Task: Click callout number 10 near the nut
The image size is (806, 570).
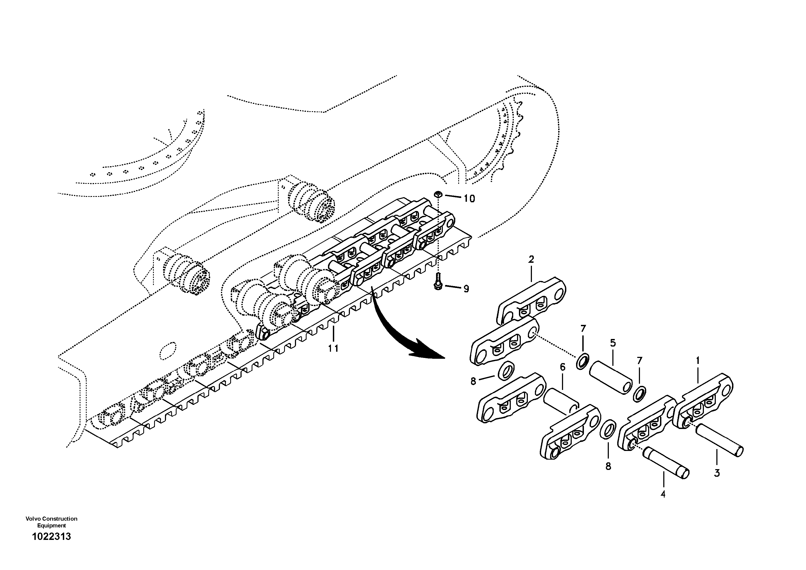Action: coord(469,199)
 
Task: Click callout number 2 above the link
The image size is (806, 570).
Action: coord(531,260)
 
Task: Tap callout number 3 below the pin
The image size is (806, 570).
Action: coord(717,473)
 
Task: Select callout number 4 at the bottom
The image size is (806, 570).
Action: coord(663,494)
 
